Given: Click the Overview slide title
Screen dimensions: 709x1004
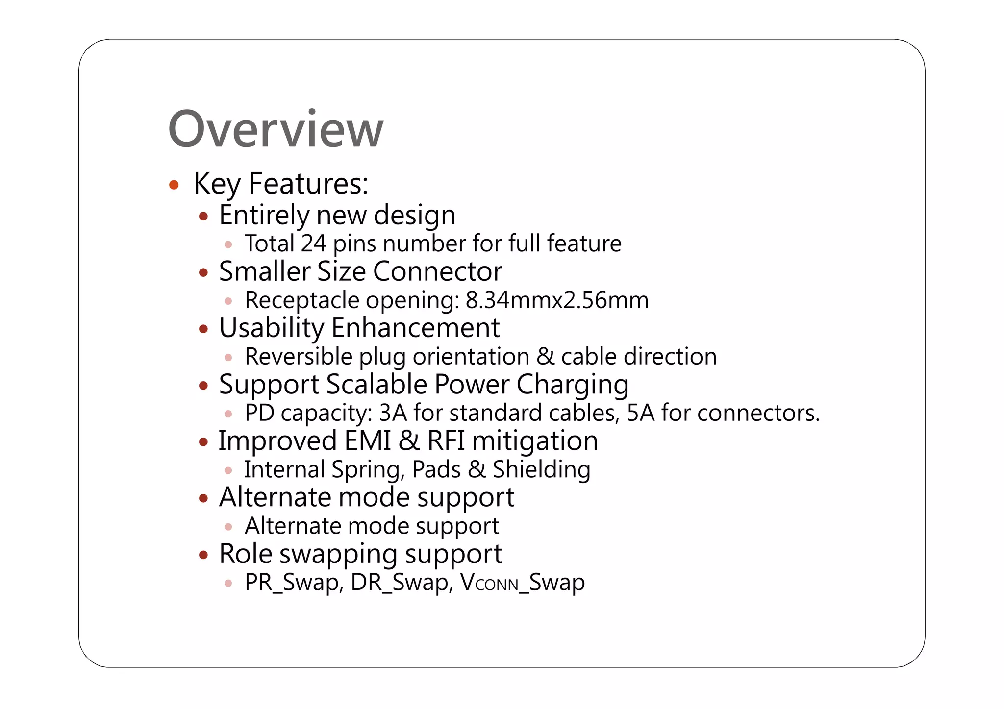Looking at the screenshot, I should point(276,129).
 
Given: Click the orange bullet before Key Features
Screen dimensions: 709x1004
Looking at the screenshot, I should point(174,185).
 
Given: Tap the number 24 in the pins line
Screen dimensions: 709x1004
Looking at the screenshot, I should point(313,244).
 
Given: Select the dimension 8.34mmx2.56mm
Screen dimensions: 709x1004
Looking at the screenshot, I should point(557,300).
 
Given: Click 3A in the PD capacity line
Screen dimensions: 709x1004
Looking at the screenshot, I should point(393,413).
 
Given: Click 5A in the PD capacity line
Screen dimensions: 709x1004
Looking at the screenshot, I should point(640,413).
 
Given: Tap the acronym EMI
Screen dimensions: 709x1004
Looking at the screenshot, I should point(368,440).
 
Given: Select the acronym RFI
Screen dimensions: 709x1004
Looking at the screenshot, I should point(446,440).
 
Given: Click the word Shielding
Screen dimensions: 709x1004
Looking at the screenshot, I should point(541,469).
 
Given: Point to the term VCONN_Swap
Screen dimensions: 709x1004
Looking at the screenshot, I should point(523,583).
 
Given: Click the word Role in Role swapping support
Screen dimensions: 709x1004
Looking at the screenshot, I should point(246,554).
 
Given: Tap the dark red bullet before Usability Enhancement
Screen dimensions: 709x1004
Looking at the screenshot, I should point(204,329).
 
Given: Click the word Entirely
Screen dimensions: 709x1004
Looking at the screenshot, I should point(264,215).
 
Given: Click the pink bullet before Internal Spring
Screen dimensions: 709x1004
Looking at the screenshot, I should point(228,470).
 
